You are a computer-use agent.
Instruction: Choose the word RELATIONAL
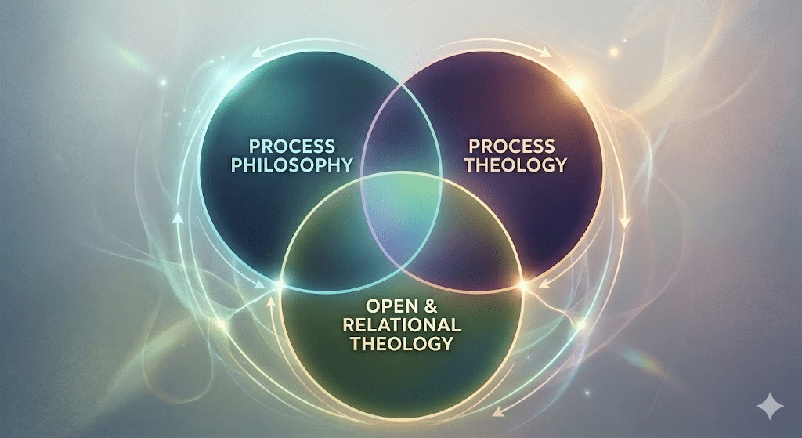[x=402, y=324]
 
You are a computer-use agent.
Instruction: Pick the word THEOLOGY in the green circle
[x=402, y=343]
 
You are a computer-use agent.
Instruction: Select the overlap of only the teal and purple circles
[x=401, y=141]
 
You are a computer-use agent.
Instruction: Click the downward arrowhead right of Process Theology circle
[x=625, y=223]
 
